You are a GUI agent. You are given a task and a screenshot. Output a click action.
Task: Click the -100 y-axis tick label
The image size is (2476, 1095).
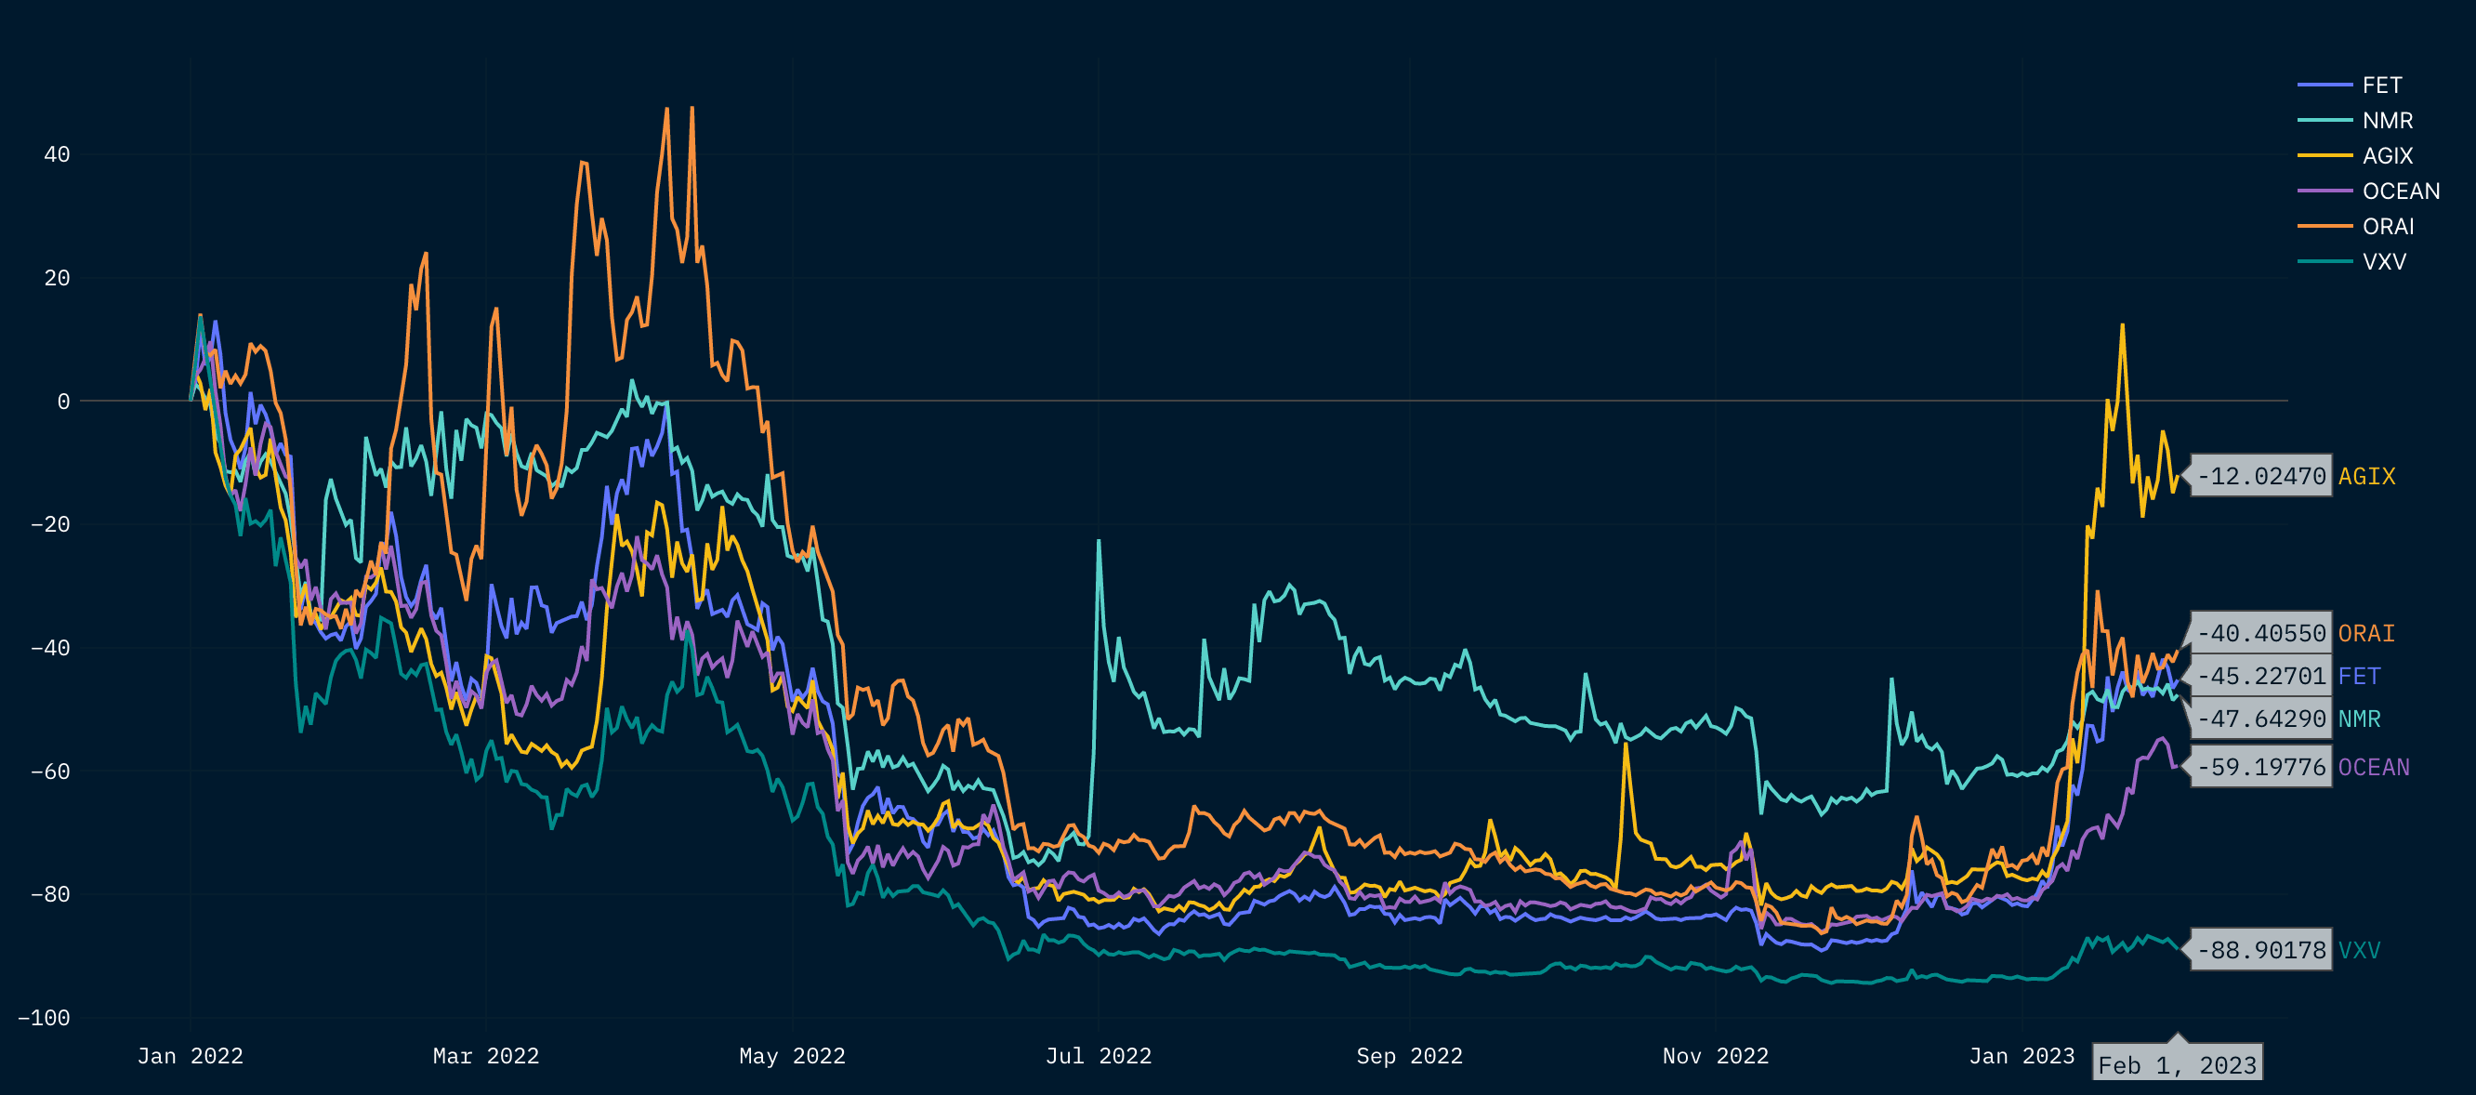pos(45,1018)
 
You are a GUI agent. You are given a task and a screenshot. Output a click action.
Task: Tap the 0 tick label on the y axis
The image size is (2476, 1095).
pos(63,402)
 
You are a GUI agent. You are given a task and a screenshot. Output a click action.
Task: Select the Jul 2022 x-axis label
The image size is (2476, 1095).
pos(1098,1057)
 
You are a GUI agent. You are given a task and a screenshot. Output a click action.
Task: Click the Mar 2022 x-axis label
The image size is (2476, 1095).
pos(485,1057)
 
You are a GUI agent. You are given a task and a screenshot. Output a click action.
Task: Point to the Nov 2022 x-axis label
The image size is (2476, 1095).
pos(1715,1057)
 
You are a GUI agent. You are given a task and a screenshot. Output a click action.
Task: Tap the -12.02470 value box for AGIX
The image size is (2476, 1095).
pos(2260,476)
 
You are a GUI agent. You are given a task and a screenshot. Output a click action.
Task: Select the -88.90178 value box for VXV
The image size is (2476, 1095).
pos(2260,951)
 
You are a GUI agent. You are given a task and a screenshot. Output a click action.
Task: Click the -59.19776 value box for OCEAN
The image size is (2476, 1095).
pos(2260,767)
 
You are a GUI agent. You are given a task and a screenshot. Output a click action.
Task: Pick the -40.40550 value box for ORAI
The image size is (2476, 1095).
pos(2260,634)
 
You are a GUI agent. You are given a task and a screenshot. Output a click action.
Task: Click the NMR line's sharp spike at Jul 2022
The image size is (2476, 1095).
pos(1099,541)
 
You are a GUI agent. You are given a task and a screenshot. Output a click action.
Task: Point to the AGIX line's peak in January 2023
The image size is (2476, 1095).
pos(2122,325)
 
